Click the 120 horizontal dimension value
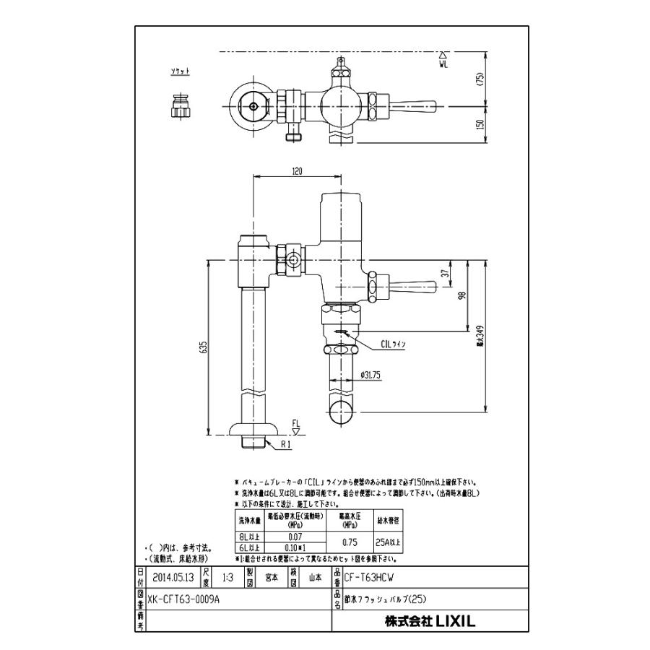(297, 171)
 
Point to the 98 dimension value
(463, 295)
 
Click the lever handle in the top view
(414, 107)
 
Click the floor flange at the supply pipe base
(252, 432)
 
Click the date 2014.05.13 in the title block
(173, 578)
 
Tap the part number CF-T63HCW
(370, 578)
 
